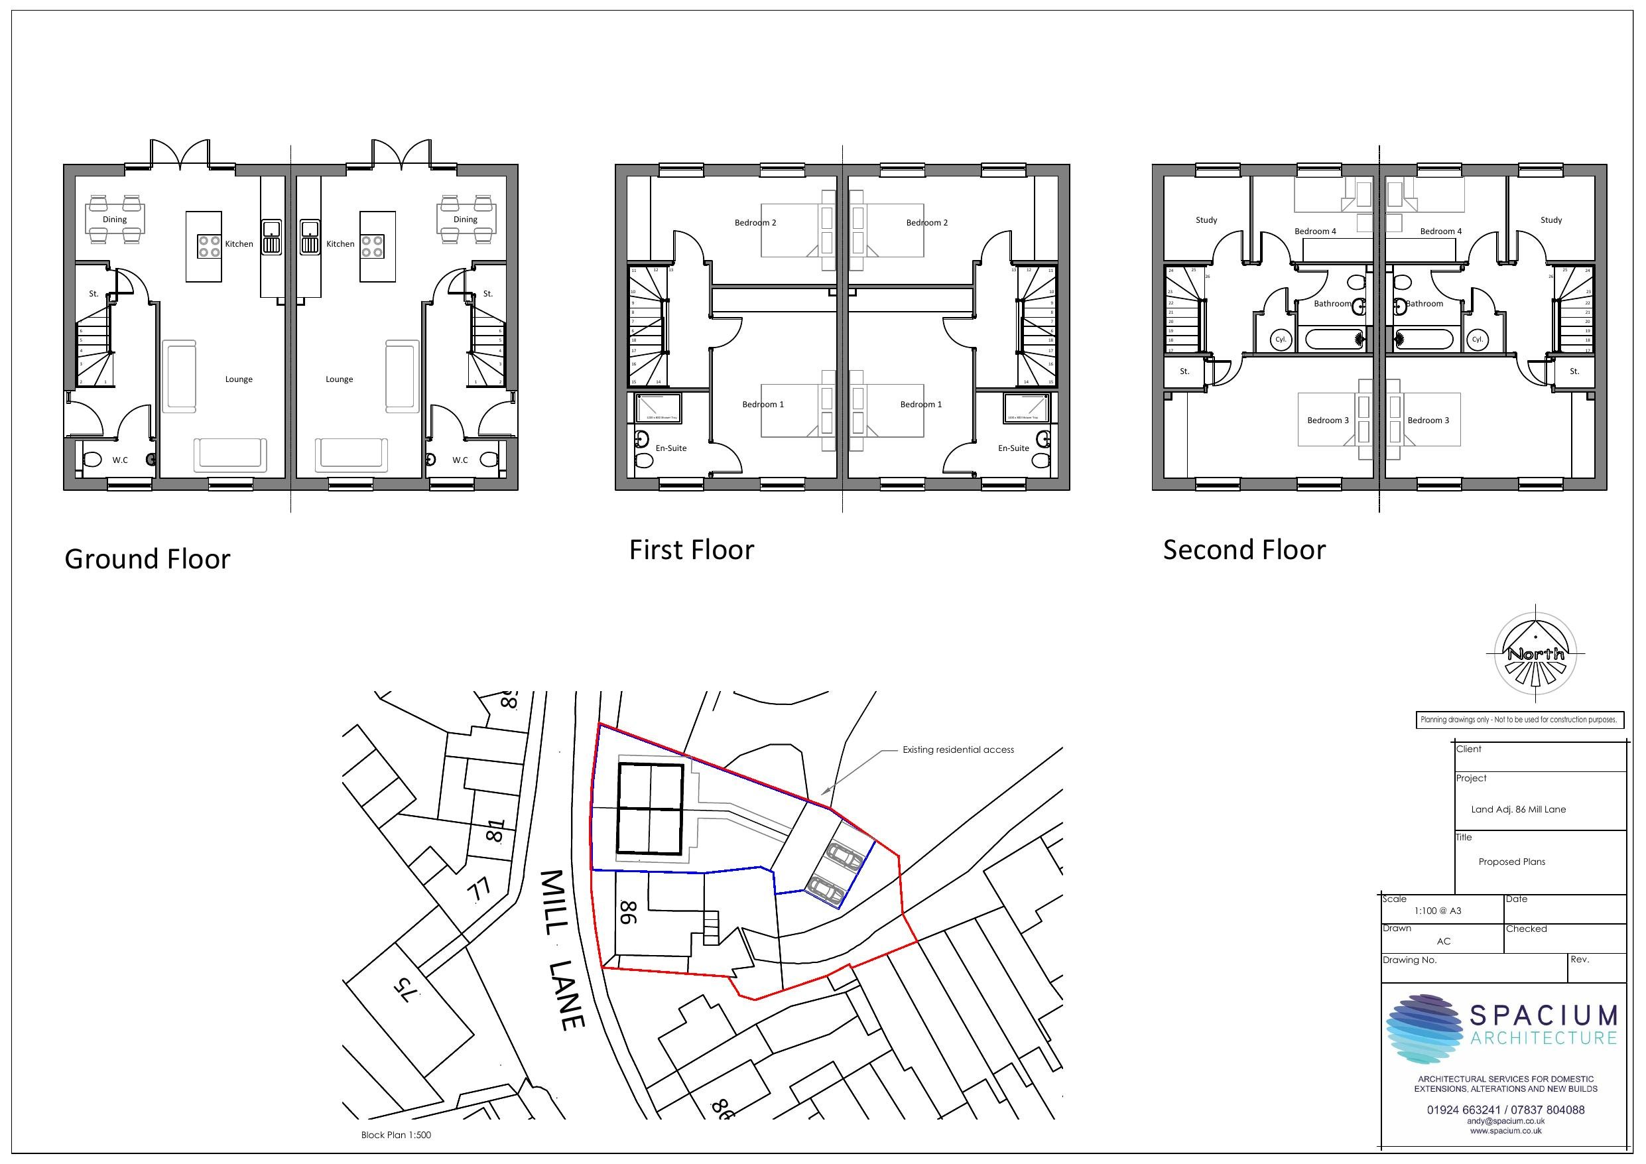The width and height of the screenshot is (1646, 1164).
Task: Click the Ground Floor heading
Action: click(147, 559)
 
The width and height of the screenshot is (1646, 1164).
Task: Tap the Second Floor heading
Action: click(1244, 550)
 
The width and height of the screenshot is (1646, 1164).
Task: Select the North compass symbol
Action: click(1536, 653)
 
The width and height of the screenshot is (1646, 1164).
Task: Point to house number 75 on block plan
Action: click(405, 991)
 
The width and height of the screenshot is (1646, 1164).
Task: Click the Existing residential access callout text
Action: click(958, 749)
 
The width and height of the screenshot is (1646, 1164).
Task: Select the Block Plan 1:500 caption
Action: click(396, 1135)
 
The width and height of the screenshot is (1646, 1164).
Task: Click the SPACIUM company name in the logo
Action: click(1543, 1015)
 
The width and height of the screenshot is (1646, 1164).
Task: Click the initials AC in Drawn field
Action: click(1443, 941)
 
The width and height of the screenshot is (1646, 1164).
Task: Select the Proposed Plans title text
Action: click(1511, 862)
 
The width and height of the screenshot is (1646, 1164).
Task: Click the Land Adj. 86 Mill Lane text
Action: click(1517, 809)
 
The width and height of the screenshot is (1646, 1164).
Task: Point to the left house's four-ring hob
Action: click(210, 247)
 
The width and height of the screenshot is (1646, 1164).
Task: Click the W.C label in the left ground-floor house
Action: click(120, 460)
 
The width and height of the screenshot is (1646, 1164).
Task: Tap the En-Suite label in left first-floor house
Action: click(671, 448)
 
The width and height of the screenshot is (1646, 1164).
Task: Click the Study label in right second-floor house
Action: click(1551, 220)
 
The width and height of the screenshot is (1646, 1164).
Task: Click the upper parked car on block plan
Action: click(844, 856)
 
